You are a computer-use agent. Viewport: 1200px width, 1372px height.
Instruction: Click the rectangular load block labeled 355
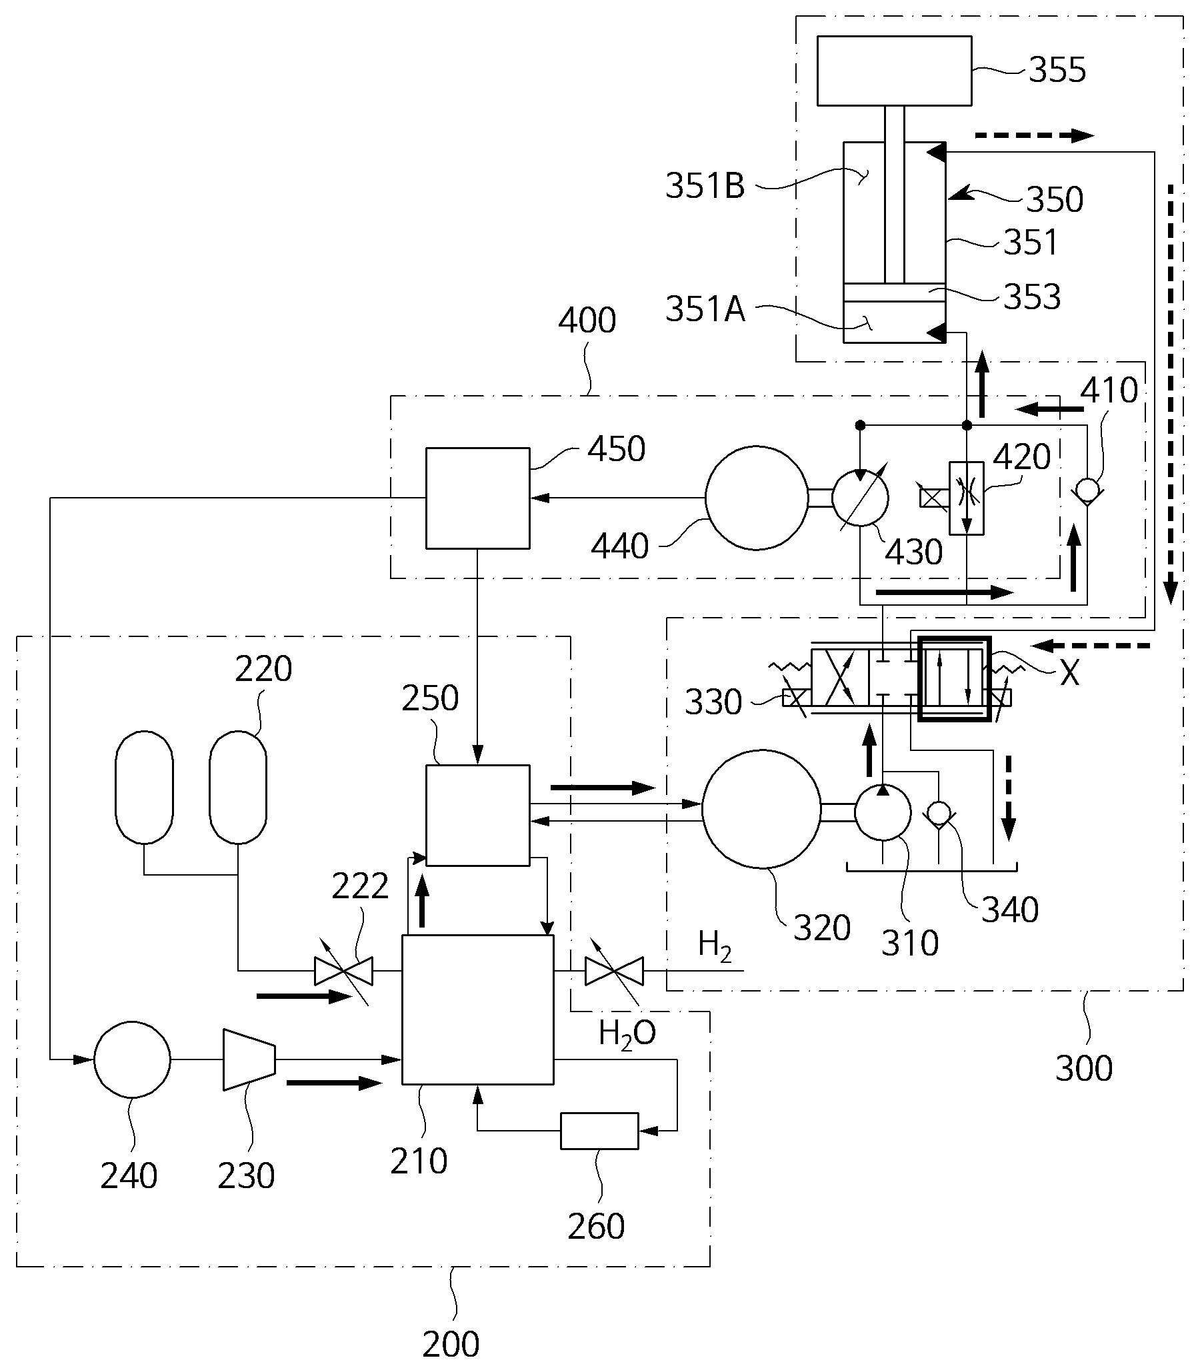[894, 71]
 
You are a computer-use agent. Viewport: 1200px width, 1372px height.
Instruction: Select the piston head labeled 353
[894, 293]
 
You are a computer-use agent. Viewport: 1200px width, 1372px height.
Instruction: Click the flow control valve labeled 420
[966, 497]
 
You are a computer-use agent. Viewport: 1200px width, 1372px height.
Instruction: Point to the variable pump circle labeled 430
[860, 498]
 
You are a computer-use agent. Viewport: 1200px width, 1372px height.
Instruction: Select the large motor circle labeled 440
[757, 498]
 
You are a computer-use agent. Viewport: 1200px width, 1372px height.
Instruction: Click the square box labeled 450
[477, 498]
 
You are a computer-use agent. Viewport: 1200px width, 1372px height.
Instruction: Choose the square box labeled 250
[477, 815]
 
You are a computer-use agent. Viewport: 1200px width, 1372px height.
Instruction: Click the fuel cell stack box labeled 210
[477, 1010]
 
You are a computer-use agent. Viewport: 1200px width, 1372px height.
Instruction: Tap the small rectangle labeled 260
[599, 1130]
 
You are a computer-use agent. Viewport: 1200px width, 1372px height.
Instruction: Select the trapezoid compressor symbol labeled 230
[249, 1059]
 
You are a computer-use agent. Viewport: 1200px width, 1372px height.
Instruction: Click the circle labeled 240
[132, 1059]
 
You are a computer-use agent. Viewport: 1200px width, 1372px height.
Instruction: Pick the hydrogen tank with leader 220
[238, 787]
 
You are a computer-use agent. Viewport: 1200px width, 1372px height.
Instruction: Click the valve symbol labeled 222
[343, 970]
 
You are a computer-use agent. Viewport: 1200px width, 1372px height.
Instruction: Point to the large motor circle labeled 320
[761, 809]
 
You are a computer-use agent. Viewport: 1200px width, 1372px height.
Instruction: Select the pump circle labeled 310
[883, 812]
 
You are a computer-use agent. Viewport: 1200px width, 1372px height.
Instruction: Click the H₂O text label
[627, 1034]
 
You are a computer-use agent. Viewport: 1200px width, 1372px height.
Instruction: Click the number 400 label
[587, 321]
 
